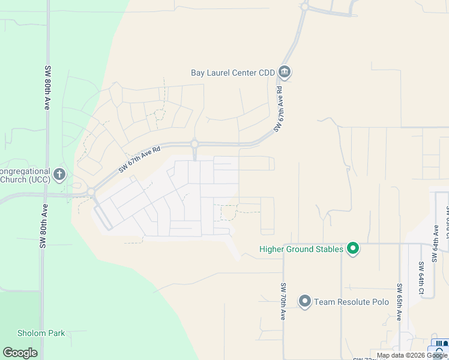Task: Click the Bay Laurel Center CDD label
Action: (232, 73)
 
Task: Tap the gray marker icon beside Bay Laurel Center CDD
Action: (285, 73)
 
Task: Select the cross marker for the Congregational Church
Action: (59, 175)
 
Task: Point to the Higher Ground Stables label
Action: (301, 249)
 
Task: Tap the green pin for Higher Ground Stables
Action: (353, 248)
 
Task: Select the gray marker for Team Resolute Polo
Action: (305, 301)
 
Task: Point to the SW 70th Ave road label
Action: (282, 302)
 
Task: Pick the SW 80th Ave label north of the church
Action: (47, 87)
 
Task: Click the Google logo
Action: (20, 353)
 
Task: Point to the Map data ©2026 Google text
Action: (411, 356)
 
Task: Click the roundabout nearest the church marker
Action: (91, 192)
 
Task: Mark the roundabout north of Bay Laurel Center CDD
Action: (305, 7)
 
